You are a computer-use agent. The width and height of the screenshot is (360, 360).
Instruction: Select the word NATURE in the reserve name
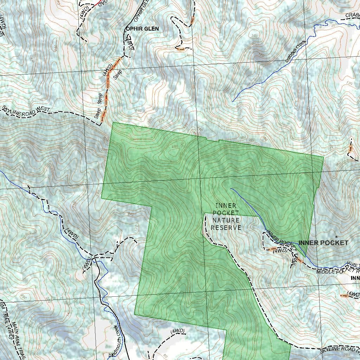click(226, 220)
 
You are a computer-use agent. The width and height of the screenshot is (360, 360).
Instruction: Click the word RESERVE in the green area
click(226, 227)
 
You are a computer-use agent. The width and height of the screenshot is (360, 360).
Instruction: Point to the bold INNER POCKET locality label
click(323, 243)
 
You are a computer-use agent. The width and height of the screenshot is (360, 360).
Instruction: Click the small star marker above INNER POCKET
click(336, 237)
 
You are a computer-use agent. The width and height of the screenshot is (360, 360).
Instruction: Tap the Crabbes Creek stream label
click(296, 51)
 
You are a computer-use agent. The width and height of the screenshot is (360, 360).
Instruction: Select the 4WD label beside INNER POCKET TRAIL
click(280, 251)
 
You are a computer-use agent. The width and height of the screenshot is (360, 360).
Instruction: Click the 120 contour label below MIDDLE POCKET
click(306, 276)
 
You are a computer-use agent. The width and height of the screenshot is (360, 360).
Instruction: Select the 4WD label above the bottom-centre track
click(178, 331)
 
